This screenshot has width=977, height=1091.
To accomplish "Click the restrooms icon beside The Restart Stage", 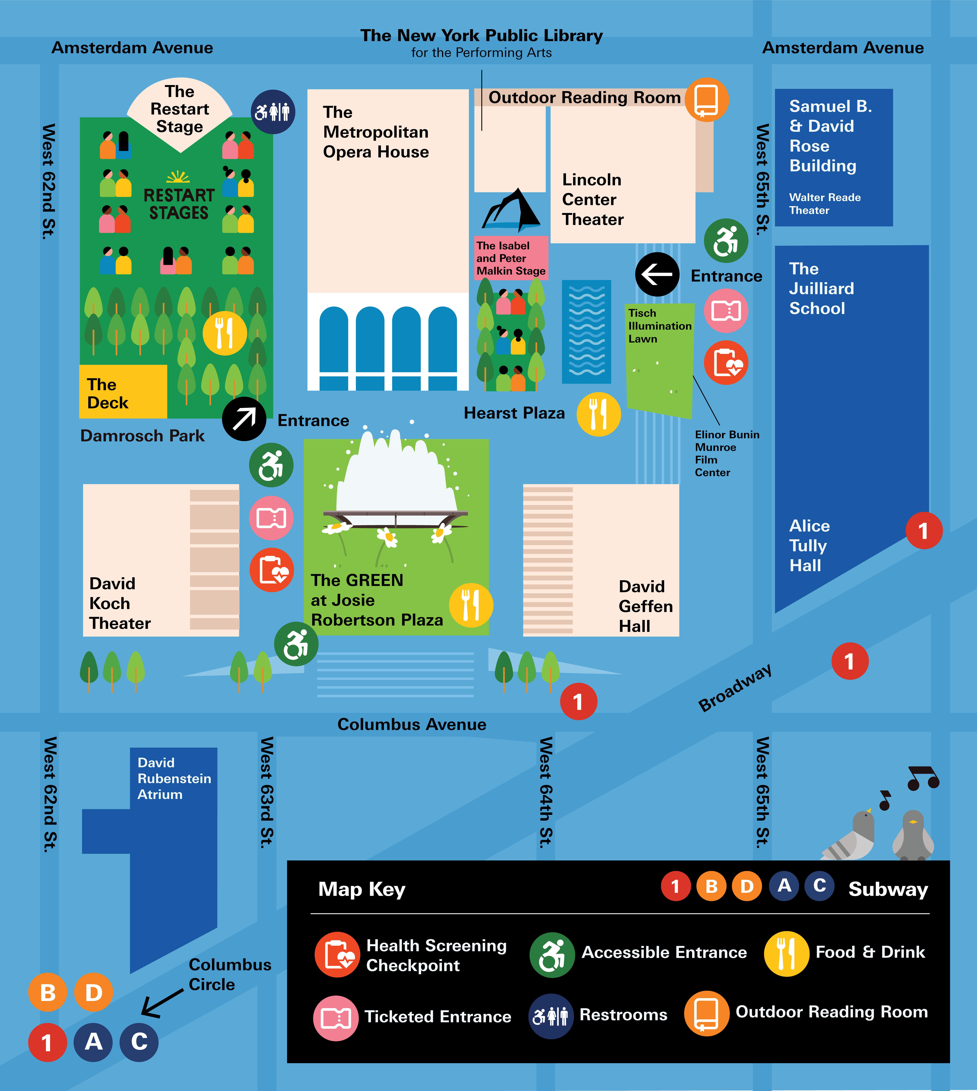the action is click(273, 112).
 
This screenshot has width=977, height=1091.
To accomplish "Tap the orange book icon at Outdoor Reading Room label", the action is click(706, 100).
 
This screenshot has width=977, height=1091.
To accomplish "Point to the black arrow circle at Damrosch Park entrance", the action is click(244, 419).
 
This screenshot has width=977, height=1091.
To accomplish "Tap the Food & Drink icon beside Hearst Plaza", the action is click(599, 414).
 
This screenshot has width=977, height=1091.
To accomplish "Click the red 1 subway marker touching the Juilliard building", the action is click(924, 531).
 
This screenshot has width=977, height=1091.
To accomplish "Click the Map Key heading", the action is click(362, 889).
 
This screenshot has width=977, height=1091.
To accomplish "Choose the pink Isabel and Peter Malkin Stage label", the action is click(511, 258).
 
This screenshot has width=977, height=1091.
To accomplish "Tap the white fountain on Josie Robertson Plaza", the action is click(396, 473).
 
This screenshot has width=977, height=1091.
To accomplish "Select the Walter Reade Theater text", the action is click(825, 204).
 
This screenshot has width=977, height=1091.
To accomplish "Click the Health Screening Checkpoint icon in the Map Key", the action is click(337, 955).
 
